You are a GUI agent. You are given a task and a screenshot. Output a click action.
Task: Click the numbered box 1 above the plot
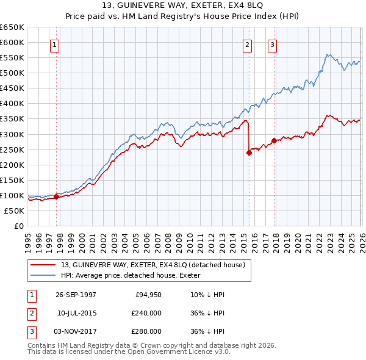(55, 45)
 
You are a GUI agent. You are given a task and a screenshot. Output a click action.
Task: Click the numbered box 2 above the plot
(247, 45)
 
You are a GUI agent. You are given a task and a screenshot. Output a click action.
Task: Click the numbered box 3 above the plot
(272, 45)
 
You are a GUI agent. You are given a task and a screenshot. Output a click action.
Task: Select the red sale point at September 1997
(57, 196)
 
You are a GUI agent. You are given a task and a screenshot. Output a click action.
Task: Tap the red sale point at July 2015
(249, 153)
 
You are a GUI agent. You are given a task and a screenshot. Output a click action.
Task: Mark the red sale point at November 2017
(274, 140)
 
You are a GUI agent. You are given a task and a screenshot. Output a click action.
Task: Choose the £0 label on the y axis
(19, 226)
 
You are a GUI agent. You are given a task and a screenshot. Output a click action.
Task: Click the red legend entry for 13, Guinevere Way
(152, 265)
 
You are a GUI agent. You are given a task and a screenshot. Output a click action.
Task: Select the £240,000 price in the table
(146, 313)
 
